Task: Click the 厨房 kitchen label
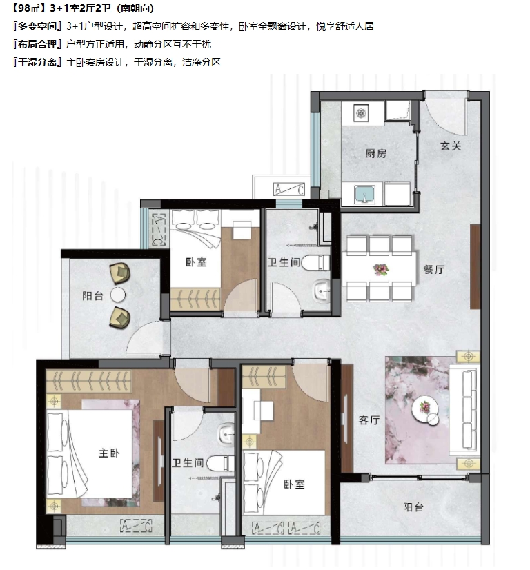[x=376, y=153]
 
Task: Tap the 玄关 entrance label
[x=451, y=146]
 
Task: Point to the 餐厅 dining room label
[x=433, y=269]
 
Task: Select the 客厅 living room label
[x=369, y=420]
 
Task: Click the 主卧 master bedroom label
[x=109, y=453]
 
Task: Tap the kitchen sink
[x=364, y=194]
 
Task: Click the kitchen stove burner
[x=361, y=113]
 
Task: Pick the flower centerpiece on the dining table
[x=381, y=269]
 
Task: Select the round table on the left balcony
[x=118, y=295]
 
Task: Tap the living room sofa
[x=464, y=410]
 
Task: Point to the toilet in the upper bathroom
[x=315, y=263]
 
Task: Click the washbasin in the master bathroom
[x=226, y=434]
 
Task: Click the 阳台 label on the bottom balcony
[x=413, y=507]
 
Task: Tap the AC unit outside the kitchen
[x=289, y=189]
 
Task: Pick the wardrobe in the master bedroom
[x=88, y=381]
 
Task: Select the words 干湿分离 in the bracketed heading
[x=37, y=62]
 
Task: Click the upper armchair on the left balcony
[x=120, y=273]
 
